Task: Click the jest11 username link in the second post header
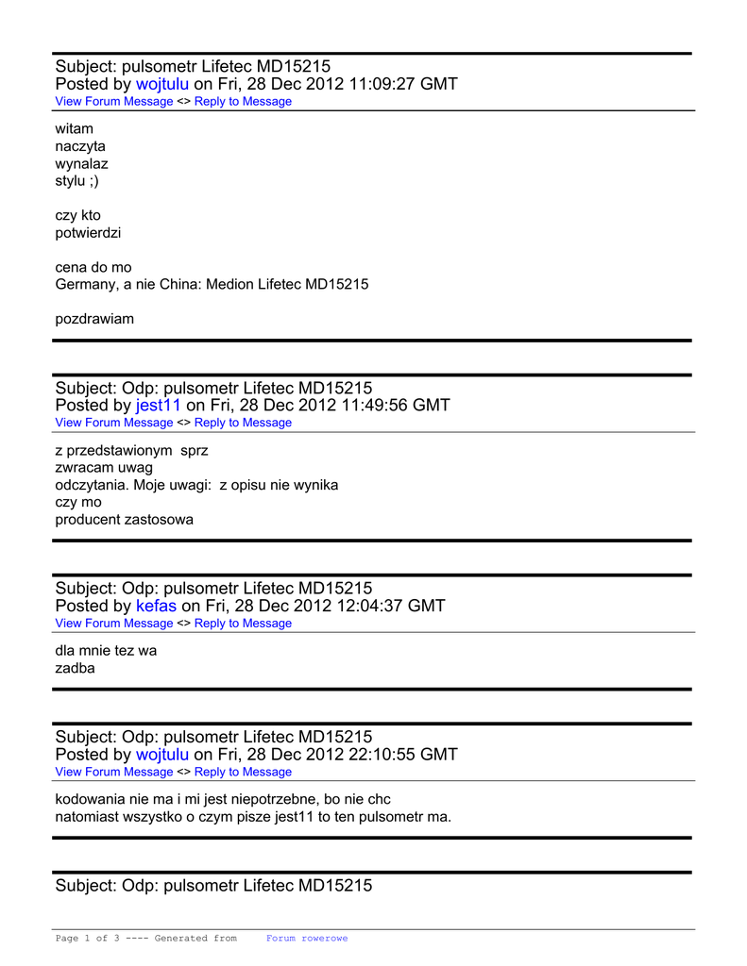[x=158, y=406]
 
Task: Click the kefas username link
[x=156, y=606]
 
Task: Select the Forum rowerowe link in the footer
[x=306, y=939]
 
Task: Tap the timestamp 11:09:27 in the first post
[x=382, y=84]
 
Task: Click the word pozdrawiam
[x=94, y=319]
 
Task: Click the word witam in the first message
[x=74, y=128]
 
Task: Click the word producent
[x=88, y=519]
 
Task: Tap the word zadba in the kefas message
[x=75, y=668]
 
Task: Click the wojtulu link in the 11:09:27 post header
[x=162, y=84]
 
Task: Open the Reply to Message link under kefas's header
[x=243, y=624]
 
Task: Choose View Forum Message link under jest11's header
[x=113, y=423]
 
